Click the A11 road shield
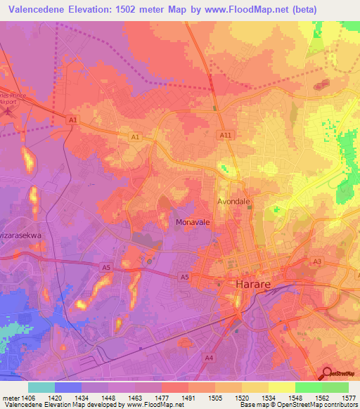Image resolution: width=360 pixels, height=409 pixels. point(224,135)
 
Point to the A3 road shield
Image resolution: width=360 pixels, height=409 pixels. point(317,261)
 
